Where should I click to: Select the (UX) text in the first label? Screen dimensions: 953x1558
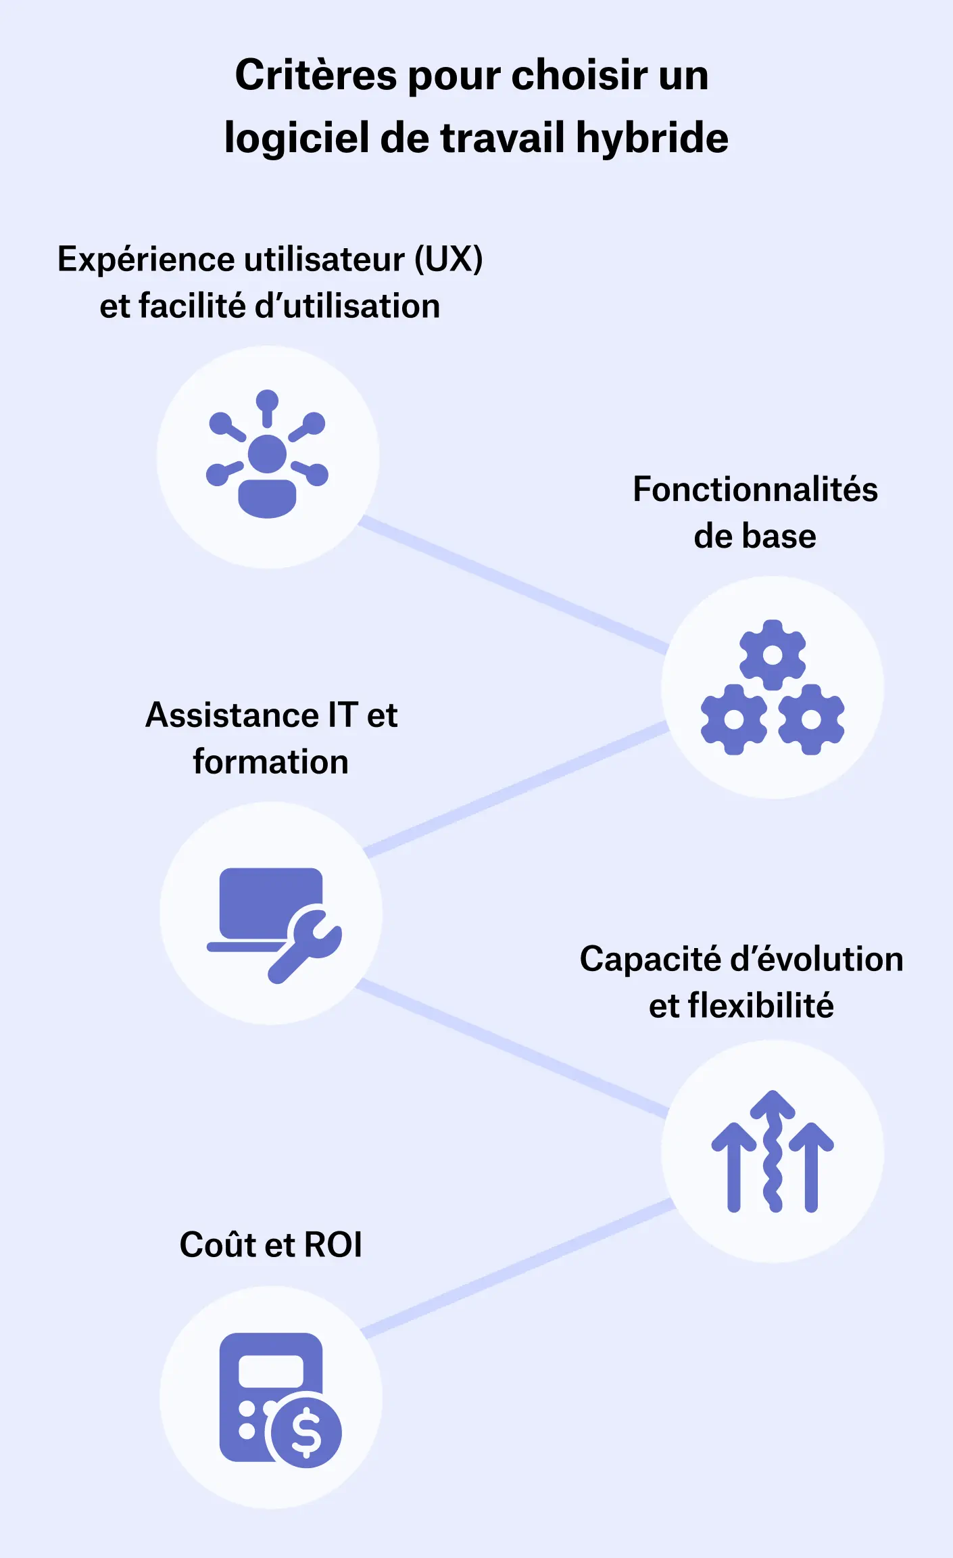tap(448, 260)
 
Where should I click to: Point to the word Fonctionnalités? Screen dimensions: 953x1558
tap(755, 490)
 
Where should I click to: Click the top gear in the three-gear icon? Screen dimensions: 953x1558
tap(773, 655)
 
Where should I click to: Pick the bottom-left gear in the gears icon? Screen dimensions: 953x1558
tap(734, 719)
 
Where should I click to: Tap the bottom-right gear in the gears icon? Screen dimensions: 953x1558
tap(811, 719)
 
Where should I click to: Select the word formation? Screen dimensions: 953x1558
tap(270, 762)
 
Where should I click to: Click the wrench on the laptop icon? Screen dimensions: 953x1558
tap(306, 944)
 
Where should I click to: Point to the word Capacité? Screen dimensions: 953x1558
tap(650, 960)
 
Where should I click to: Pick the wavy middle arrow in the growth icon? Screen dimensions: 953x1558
tap(773, 1150)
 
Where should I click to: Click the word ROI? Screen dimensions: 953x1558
tap(333, 1245)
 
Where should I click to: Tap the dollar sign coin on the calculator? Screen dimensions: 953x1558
tap(306, 1432)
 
